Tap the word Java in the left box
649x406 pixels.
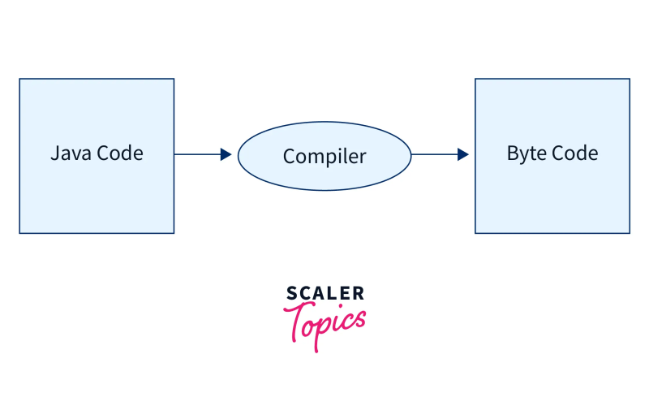69,153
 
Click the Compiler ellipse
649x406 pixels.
324,175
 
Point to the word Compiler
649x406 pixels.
324,156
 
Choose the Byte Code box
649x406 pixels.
552,195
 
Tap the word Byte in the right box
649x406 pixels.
525,153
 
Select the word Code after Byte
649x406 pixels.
574,153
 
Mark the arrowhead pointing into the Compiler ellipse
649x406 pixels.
226,154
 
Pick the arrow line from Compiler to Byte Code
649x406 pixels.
434,154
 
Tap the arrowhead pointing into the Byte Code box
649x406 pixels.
462,154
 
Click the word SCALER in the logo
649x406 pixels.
325,293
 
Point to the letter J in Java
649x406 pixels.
54,153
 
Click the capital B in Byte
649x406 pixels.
513,153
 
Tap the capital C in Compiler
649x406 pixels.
289,156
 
